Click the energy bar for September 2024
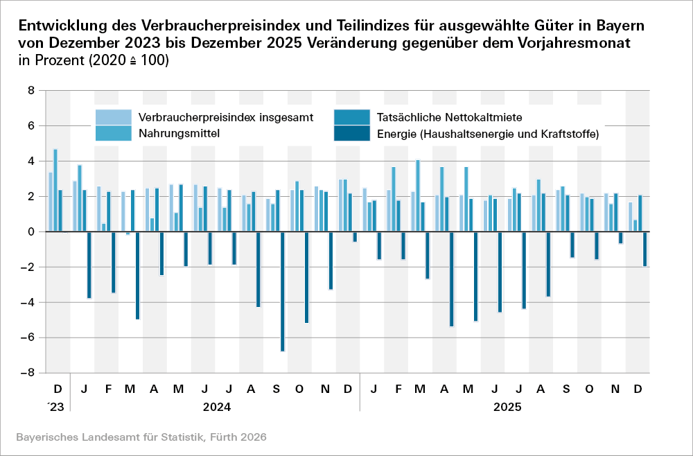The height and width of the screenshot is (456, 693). click(x=283, y=292)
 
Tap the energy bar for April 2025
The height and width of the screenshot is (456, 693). click(x=452, y=279)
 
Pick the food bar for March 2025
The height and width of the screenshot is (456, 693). click(x=418, y=196)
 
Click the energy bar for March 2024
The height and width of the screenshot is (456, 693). click(x=138, y=276)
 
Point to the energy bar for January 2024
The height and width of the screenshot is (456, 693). click(x=89, y=265)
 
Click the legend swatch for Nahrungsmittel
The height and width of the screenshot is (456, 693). click(x=112, y=132)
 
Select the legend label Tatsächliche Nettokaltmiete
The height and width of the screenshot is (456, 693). click(x=455, y=116)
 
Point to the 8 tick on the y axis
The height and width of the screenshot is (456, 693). click(x=30, y=91)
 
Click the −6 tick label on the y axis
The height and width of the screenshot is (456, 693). click(x=27, y=337)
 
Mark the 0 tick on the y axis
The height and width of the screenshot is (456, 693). click(x=30, y=232)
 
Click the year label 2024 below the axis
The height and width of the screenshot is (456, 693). click(x=216, y=406)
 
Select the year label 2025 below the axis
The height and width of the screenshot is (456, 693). click(x=506, y=406)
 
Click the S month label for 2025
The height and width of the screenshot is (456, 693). click(x=566, y=388)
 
